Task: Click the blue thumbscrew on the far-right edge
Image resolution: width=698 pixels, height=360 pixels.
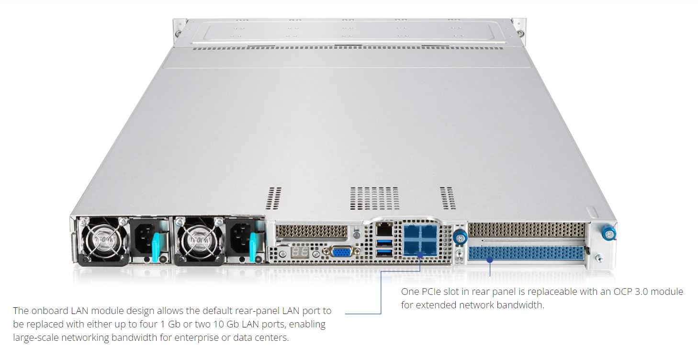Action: click(609, 234)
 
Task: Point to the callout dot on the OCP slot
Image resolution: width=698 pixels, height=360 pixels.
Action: click(489, 260)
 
